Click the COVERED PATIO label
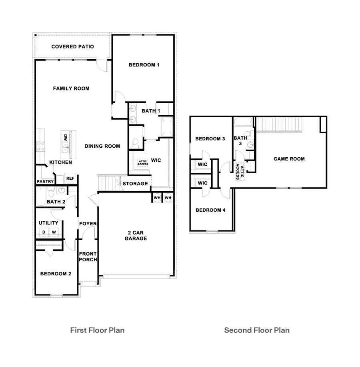point(72,47)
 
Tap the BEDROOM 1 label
point(144,65)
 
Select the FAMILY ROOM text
point(71,88)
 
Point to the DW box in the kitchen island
point(65,137)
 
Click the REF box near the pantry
point(70,178)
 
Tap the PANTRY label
point(45,181)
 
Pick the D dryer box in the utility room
point(43,232)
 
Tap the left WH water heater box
point(156,198)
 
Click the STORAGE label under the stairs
point(135,184)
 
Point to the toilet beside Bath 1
point(136,142)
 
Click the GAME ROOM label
point(289,159)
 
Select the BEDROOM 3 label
point(210,139)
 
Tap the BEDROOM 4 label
point(210,210)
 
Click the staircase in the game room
point(279,124)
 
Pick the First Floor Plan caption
point(97,330)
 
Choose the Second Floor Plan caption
point(257,330)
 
